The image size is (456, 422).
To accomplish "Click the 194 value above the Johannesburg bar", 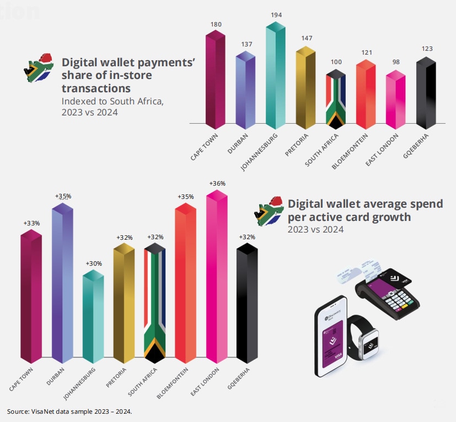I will click(x=276, y=15).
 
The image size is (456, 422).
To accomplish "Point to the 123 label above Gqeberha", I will click(x=426, y=49).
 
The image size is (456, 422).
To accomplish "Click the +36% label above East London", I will click(x=217, y=183).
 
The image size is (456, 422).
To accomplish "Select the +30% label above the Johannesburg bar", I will click(x=94, y=263).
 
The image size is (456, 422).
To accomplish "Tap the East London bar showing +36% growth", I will click(x=217, y=276).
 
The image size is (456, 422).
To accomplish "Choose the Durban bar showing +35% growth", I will click(x=62, y=282).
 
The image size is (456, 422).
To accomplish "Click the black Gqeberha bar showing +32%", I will click(x=247, y=304).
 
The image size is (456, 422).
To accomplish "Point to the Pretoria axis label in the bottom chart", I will click(x=117, y=378).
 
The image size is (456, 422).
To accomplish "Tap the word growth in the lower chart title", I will click(x=391, y=217).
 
